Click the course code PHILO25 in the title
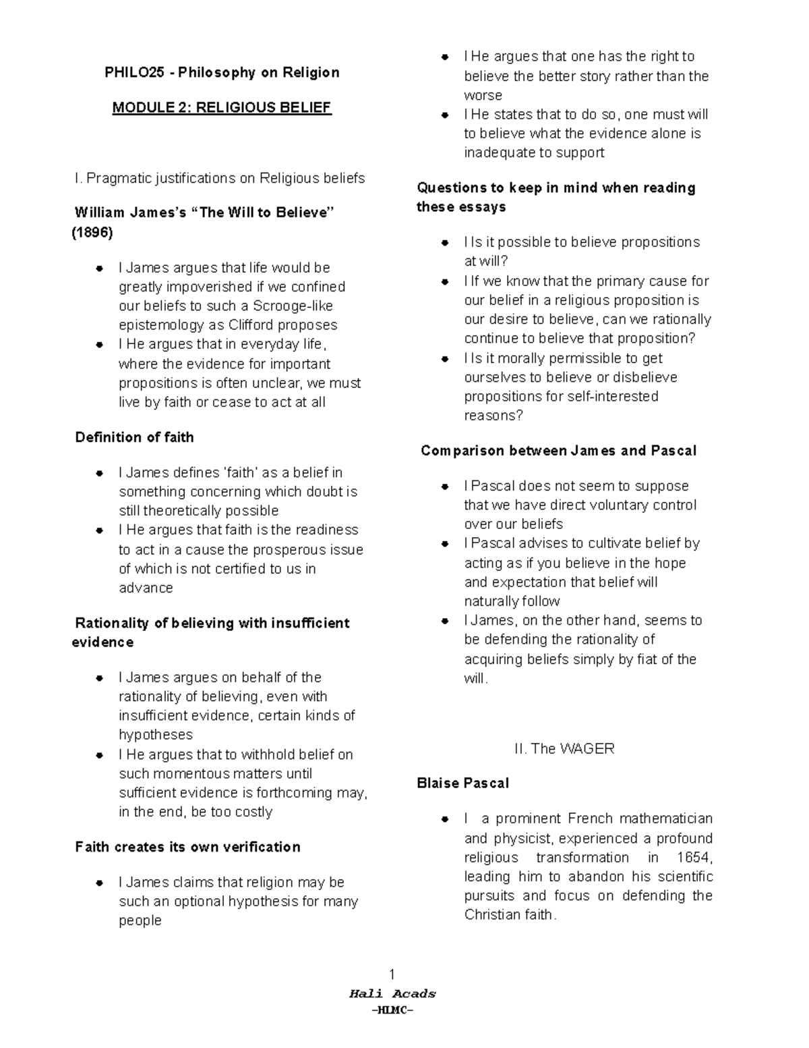click(133, 72)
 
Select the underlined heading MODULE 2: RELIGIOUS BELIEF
click(222, 107)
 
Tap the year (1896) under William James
click(92, 233)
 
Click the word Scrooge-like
click(293, 306)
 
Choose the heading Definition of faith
click(134, 437)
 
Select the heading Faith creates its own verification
click(187, 847)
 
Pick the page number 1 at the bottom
click(392, 974)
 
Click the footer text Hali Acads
click(392, 993)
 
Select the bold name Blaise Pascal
click(462, 783)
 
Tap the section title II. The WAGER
click(564, 748)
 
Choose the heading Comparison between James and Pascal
click(558, 451)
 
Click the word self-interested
click(612, 396)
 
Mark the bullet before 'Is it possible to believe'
click(445, 243)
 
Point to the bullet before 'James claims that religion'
click(99, 883)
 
